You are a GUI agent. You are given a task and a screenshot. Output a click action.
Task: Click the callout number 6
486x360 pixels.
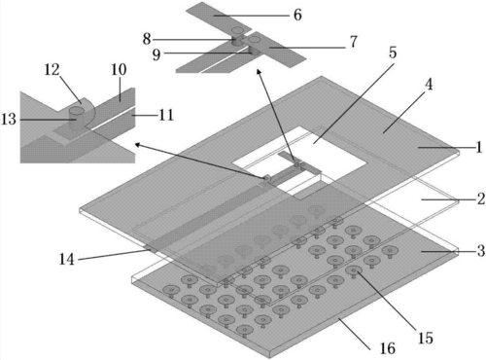[297, 15]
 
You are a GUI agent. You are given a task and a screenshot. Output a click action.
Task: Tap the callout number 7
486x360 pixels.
[353, 42]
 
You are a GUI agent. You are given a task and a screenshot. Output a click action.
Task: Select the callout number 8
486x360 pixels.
[147, 39]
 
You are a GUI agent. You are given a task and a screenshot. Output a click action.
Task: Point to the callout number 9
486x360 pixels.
[156, 54]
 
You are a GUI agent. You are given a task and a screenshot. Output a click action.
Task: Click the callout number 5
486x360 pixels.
[393, 53]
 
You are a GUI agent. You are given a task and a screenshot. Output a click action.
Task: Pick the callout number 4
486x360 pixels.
[429, 85]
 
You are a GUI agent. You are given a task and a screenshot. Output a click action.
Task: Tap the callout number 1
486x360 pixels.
[478, 147]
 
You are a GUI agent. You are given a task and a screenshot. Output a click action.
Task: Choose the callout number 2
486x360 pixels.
[481, 198]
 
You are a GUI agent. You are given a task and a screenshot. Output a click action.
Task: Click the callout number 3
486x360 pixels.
[481, 251]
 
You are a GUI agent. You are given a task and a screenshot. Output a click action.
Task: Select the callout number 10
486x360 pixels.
[119, 69]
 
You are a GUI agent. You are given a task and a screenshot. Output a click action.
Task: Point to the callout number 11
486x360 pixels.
[166, 115]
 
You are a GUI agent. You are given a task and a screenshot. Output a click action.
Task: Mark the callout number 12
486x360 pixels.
[52, 69]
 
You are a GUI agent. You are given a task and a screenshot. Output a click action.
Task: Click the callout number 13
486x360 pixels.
[9, 119]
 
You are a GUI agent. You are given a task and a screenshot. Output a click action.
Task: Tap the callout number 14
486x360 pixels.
[67, 259]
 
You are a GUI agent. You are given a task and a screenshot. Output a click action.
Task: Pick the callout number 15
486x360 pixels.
[425, 338]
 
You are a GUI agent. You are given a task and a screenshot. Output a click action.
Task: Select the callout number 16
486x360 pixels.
[388, 348]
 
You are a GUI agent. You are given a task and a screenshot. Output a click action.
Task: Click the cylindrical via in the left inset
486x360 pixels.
[77, 119]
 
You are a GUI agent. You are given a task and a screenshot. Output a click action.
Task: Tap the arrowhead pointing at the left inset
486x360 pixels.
[138, 145]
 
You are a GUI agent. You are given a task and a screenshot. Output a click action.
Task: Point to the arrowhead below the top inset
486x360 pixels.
[259, 71]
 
